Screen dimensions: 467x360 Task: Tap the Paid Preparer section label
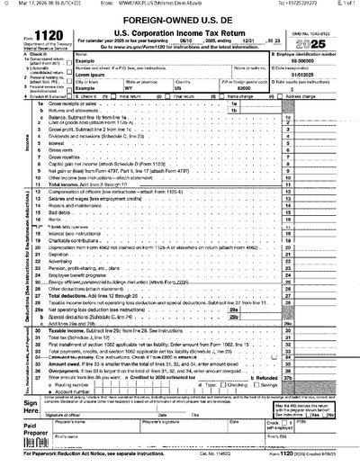17,430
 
